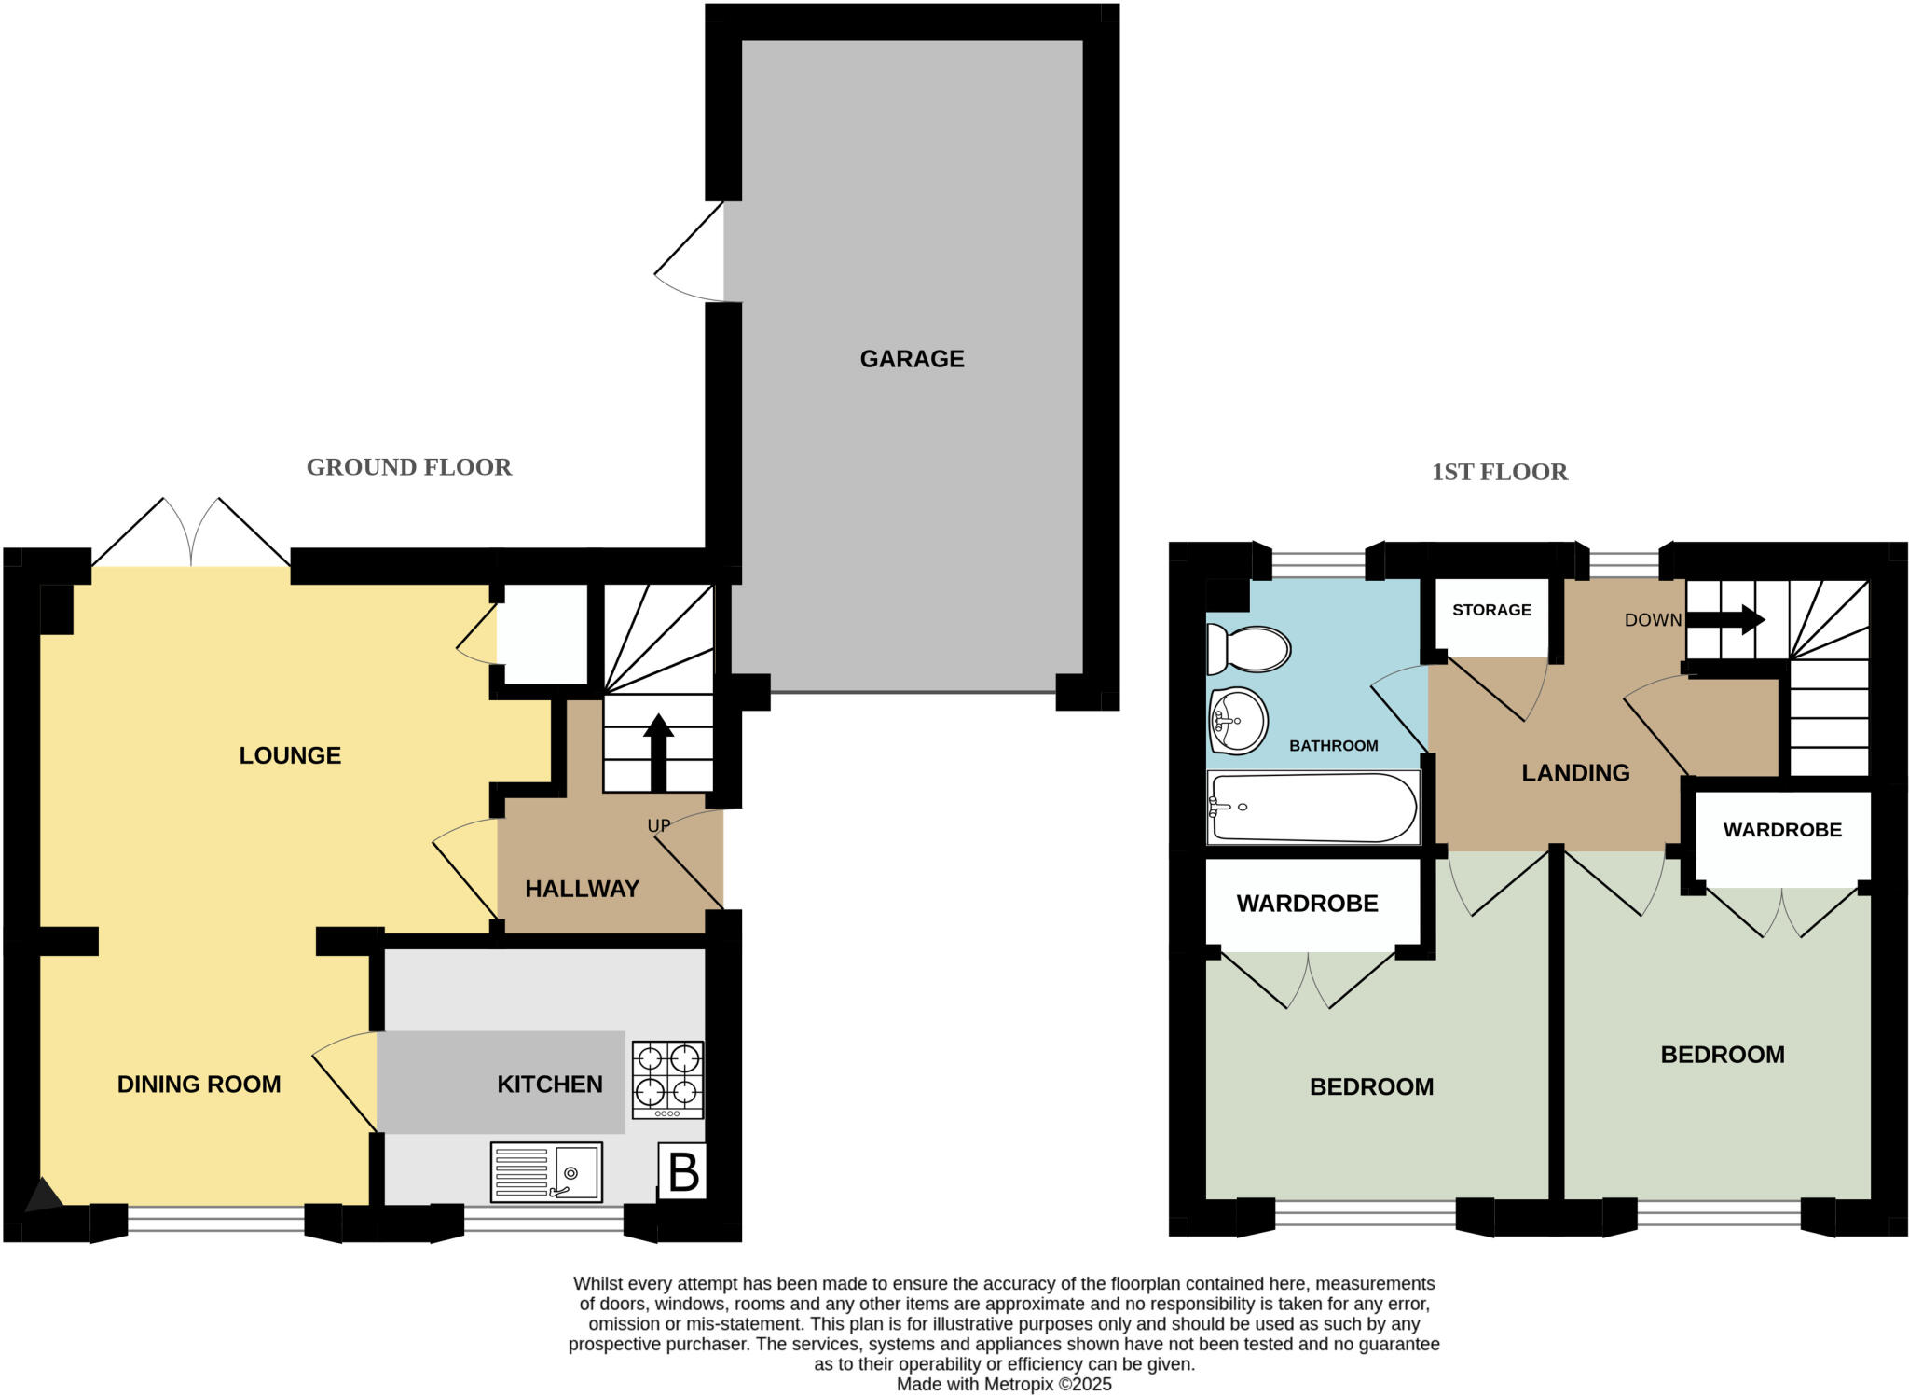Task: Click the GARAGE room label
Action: coord(912,359)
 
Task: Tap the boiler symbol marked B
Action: coord(683,1172)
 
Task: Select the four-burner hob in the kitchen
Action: coord(667,1079)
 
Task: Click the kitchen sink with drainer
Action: coord(546,1172)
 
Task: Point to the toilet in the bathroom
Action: coord(1248,648)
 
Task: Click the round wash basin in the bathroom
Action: coord(1238,721)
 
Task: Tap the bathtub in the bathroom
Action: coord(1312,807)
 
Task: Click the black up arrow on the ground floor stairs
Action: coord(658,752)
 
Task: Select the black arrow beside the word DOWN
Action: coord(1725,619)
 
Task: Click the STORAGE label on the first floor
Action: coord(1491,610)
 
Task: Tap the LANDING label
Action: coord(1575,773)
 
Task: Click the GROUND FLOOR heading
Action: coord(409,467)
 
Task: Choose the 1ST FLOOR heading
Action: coord(1499,472)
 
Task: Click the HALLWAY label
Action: coord(582,889)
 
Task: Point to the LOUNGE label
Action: coord(290,755)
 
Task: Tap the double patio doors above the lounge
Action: coord(191,536)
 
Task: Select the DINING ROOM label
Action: coord(199,1085)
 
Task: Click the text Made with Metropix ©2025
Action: coord(1004,1384)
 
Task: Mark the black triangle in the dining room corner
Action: coord(42,1196)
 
